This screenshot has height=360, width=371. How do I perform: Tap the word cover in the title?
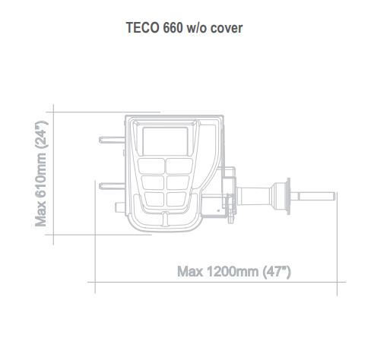(x=226, y=29)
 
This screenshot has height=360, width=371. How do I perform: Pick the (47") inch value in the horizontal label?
(x=277, y=271)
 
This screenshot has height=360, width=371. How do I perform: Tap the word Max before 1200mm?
(x=190, y=271)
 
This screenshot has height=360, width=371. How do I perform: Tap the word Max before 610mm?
(x=43, y=216)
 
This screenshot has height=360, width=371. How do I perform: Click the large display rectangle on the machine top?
(x=166, y=141)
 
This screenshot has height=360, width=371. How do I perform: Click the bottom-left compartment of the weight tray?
(x=153, y=199)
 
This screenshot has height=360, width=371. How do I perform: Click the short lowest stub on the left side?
(x=119, y=206)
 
